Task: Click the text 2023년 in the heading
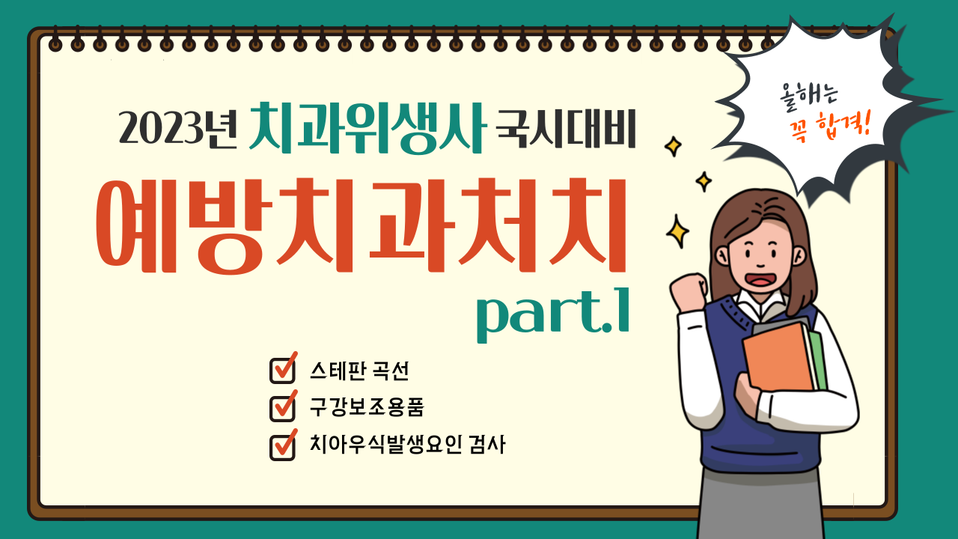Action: (x=177, y=128)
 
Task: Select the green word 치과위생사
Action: (x=367, y=128)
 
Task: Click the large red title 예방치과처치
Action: (x=361, y=225)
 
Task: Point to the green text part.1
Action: (x=553, y=314)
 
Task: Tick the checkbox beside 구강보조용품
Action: (x=283, y=406)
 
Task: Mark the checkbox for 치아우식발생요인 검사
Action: (x=283, y=445)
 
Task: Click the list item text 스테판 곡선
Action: (x=359, y=371)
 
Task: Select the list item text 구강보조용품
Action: (x=367, y=406)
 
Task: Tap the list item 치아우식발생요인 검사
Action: (x=407, y=445)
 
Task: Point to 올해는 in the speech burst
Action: (x=808, y=97)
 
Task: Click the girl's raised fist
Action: (x=689, y=292)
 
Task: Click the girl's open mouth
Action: (x=761, y=279)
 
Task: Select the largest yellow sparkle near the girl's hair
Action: (x=677, y=231)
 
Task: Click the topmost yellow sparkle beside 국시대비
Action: (x=673, y=146)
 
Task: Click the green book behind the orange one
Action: (x=819, y=359)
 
